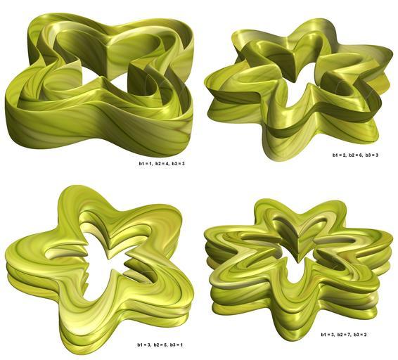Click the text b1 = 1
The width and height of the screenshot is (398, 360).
pyautogui.click(x=145, y=164)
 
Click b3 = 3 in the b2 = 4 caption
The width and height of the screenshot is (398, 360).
pyautogui.click(x=178, y=164)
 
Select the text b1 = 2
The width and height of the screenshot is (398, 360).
pyautogui.click(x=339, y=155)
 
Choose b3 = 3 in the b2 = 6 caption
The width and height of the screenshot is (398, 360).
pyautogui.click(x=372, y=155)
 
